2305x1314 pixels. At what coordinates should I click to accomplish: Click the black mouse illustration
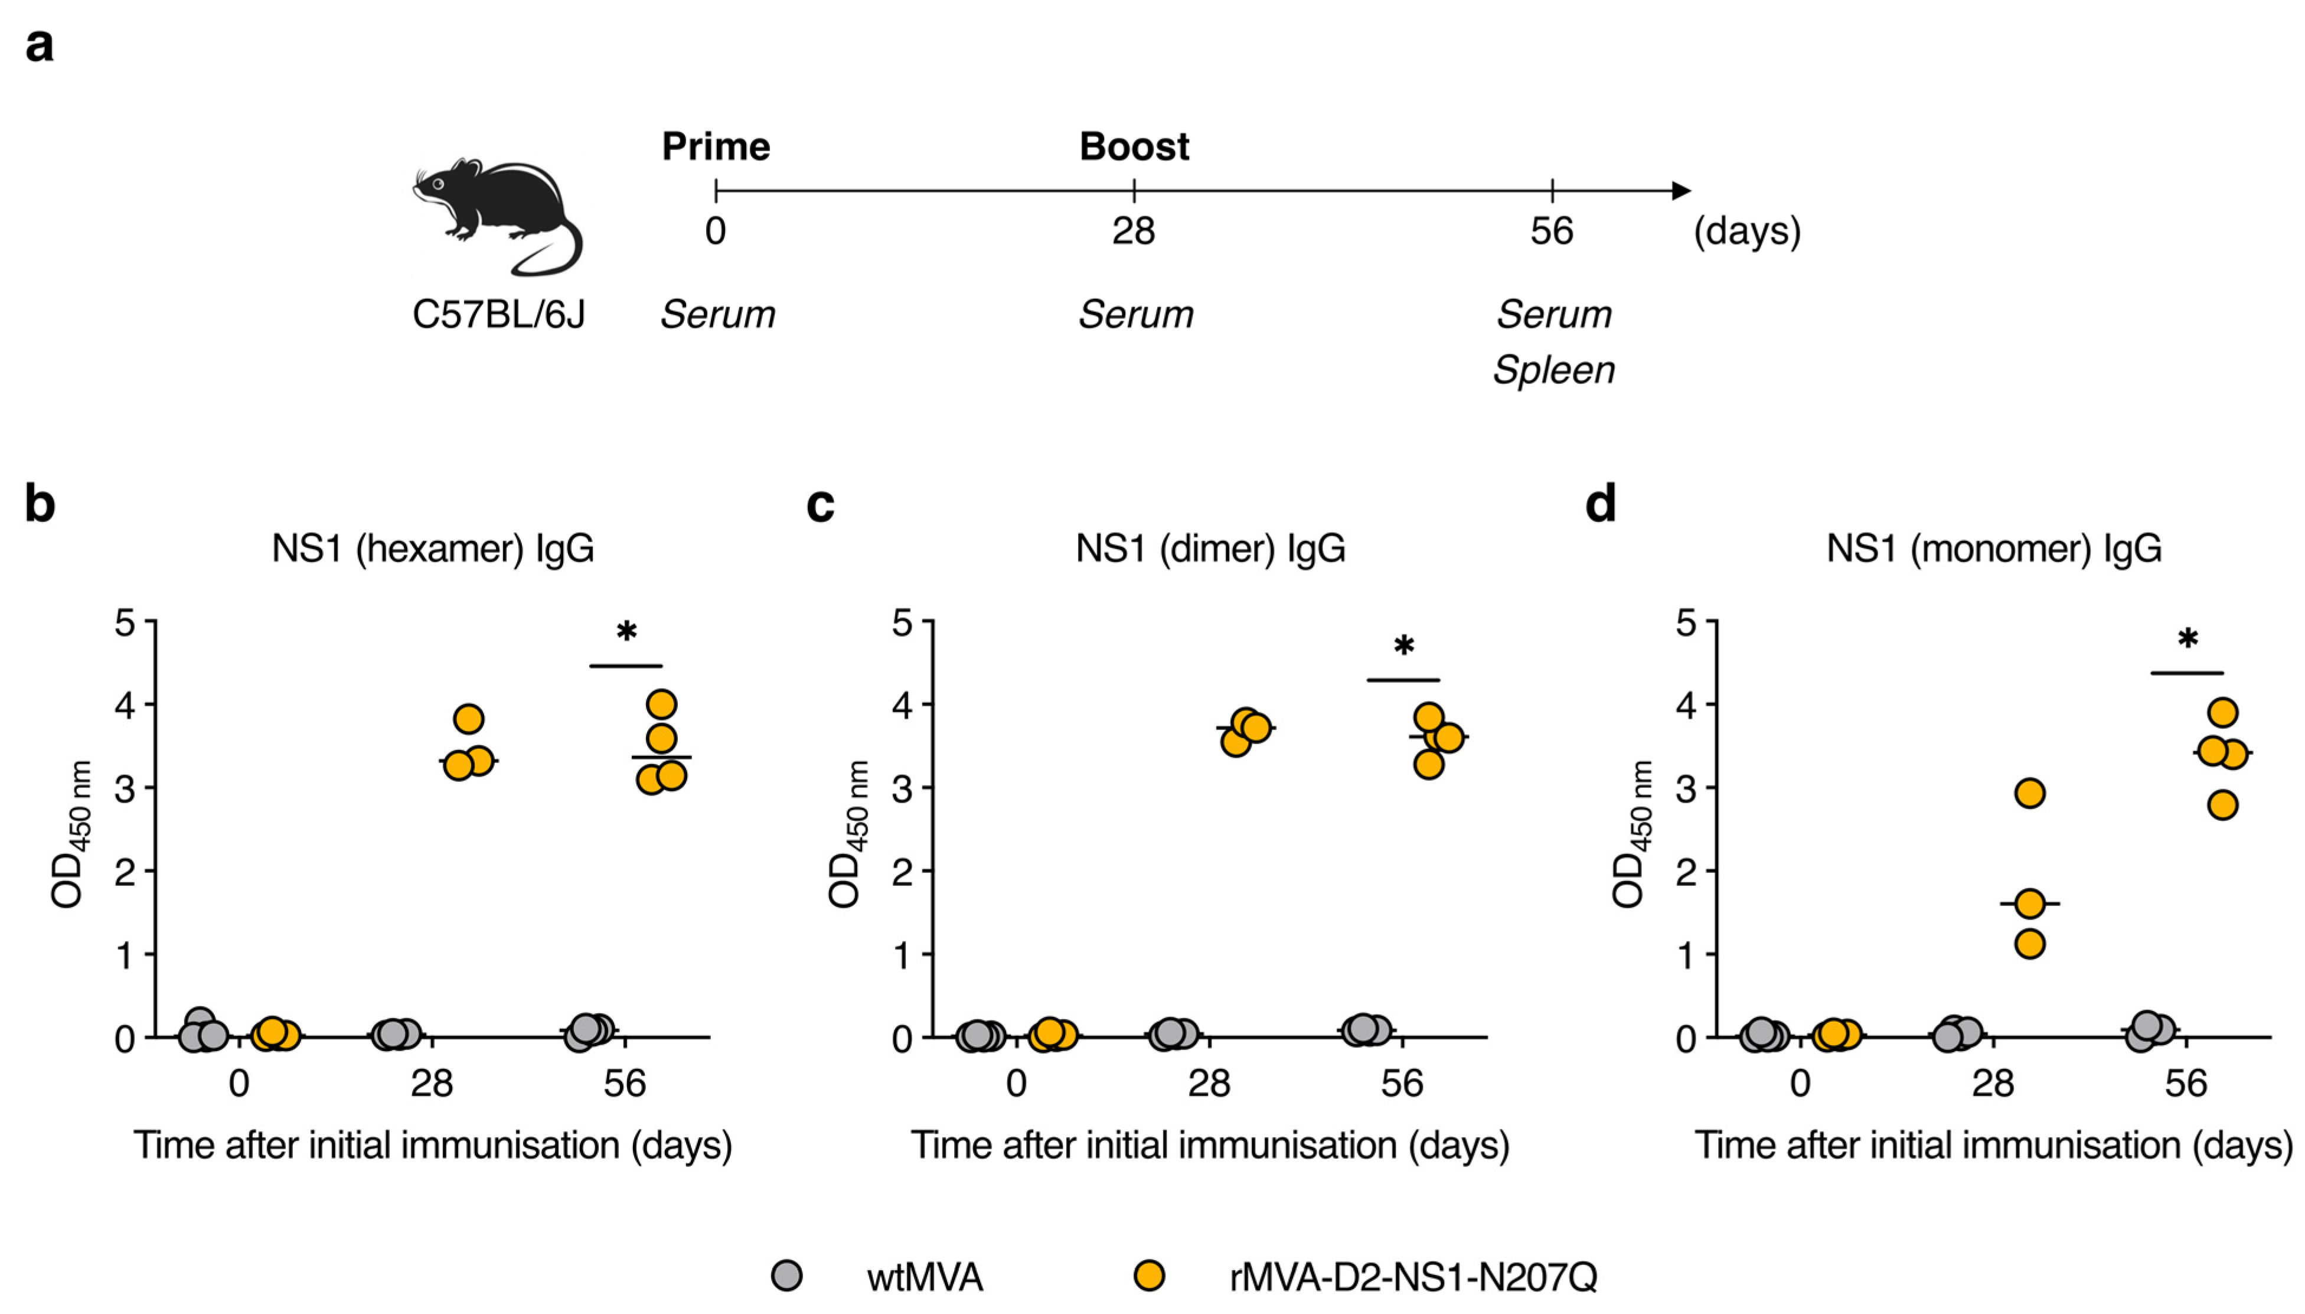click(496, 217)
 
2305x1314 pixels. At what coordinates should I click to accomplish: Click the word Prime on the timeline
click(716, 146)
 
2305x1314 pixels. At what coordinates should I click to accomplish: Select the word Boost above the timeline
click(1134, 146)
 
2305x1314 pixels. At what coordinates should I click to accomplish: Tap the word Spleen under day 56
click(1553, 370)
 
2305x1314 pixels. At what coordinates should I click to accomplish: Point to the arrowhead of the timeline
click(1681, 190)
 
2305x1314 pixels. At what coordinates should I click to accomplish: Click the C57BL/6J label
click(499, 314)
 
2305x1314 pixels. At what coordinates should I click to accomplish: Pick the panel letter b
click(40, 503)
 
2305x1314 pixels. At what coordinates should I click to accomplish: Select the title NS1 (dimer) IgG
click(1210, 548)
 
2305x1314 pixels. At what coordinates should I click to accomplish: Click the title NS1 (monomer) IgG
click(1994, 548)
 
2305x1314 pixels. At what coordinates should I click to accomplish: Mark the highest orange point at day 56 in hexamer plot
click(661, 704)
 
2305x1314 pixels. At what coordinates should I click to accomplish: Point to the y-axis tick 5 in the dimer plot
click(901, 622)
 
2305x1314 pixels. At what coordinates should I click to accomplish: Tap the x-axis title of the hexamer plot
click(432, 1145)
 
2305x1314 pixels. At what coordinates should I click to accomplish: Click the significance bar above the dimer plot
click(1403, 680)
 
